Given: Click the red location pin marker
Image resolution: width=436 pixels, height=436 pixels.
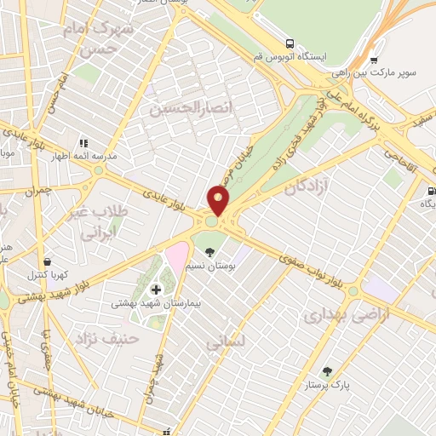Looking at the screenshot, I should pyautogui.click(x=219, y=201).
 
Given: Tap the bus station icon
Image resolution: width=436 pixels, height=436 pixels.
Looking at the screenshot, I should pyautogui.click(x=291, y=43).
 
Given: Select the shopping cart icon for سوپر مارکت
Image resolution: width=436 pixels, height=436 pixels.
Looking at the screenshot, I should pyautogui.click(x=373, y=60).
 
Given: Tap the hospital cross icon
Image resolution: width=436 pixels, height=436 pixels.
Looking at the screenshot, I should pyautogui.click(x=155, y=290).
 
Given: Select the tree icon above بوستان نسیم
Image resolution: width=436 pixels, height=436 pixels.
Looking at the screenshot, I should pyautogui.click(x=209, y=251).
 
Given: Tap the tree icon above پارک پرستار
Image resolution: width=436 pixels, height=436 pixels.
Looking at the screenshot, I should pyautogui.click(x=327, y=371).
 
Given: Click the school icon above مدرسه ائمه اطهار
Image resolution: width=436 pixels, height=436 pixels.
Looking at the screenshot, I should pyautogui.click(x=83, y=143).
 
